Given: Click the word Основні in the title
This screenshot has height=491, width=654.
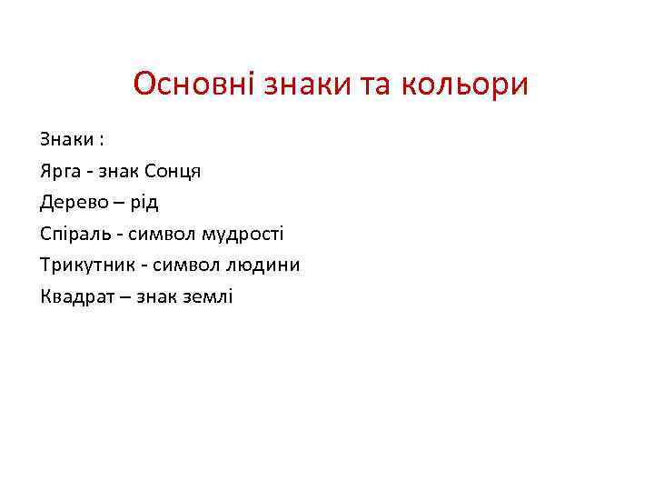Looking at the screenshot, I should [x=194, y=85].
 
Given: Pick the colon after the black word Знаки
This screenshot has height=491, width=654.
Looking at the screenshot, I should [x=102, y=141].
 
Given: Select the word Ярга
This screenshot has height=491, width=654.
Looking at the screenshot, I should [x=61, y=172].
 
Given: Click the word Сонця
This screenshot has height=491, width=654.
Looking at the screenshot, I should [x=173, y=172].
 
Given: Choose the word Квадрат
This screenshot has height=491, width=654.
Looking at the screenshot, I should [x=76, y=296].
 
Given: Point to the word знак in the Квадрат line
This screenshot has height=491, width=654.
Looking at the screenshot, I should [x=155, y=296].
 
